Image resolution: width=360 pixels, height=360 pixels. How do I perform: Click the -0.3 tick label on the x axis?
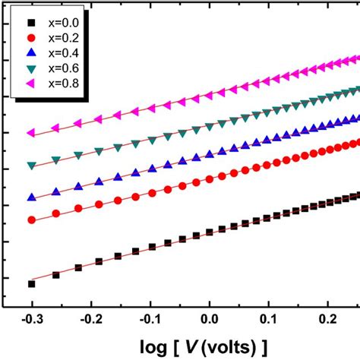pos(31,321)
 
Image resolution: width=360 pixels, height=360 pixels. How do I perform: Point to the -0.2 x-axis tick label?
pos(90,321)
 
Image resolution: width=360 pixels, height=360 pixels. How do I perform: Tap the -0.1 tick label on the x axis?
pos(150,321)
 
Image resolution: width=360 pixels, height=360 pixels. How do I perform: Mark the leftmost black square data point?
pos(31,283)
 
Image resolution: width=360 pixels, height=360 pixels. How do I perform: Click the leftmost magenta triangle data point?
pos(31,132)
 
